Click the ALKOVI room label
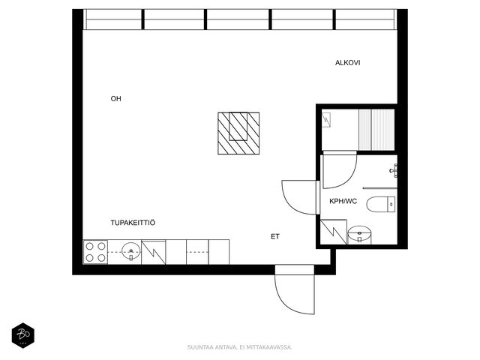click(x=347, y=63)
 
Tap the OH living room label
click(x=115, y=98)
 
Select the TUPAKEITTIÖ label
click(x=133, y=223)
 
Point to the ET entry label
click(x=275, y=236)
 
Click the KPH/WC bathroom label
click(x=343, y=201)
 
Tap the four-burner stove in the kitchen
click(x=95, y=252)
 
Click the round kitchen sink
click(x=131, y=251)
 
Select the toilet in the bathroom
click(x=381, y=204)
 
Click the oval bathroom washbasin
click(x=360, y=234)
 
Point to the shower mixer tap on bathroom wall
click(x=394, y=170)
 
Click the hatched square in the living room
click(x=238, y=133)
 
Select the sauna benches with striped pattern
click(x=376, y=130)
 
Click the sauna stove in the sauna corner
click(x=326, y=119)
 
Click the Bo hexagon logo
click(x=23, y=335)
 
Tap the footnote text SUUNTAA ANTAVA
click(x=211, y=347)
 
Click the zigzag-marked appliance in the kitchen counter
click(x=154, y=252)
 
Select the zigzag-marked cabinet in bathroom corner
click(x=334, y=232)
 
